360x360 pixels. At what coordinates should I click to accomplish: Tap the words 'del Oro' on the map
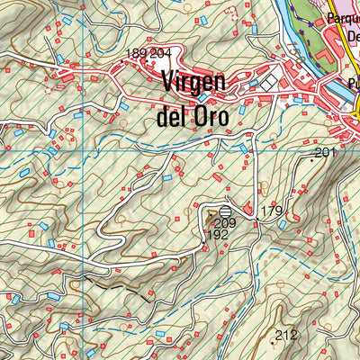click(195, 116)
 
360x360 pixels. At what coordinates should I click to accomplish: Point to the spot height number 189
click(138, 54)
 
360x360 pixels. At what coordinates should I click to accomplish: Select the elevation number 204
click(160, 54)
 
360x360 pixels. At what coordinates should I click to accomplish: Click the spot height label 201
click(325, 153)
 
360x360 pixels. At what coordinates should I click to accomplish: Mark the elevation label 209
click(224, 223)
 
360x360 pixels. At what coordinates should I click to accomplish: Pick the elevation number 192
click(217, 235)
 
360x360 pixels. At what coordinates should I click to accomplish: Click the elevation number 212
click(286, 336)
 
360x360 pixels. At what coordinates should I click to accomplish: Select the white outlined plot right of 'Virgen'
click(269, 83)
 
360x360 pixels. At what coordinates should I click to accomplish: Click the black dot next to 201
click(312, 159)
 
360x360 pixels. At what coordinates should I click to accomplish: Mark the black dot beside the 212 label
click(274, 342)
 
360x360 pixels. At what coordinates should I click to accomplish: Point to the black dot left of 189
click(125, 55)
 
